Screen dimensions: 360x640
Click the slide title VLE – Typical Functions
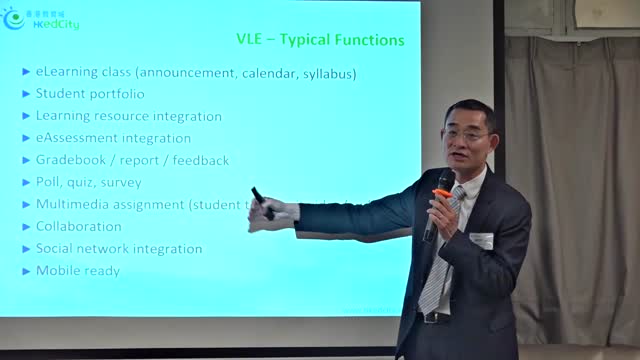click(x=320, y=40)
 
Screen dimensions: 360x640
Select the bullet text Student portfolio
click(x=90, y=94)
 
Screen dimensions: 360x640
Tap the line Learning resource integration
click(x=128, y=116)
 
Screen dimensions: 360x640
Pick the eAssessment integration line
click(x=113, y=138)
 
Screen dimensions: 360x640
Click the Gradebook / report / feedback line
click(x=132, y=160)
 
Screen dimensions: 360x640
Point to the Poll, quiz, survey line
click(x=88, y=182)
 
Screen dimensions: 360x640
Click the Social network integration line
click(x=119, y=248)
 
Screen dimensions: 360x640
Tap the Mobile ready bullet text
click(x=77, y=270)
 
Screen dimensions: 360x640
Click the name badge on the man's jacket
click(x=482, y=241)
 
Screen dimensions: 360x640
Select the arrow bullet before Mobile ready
click(x=27, y=271)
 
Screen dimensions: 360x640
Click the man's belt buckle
click(x=432, y=318)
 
